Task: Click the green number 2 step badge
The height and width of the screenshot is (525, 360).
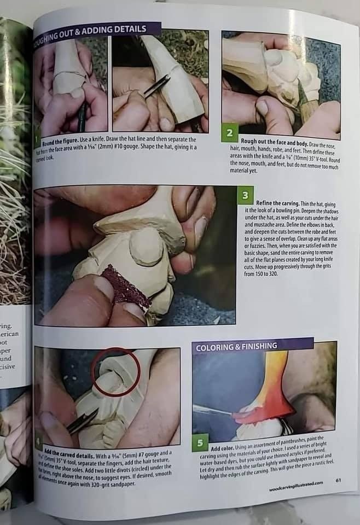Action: coord(230,133)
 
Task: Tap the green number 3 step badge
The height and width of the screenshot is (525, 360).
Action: coord(246,195)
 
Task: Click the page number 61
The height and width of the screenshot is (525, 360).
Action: coord(339,480)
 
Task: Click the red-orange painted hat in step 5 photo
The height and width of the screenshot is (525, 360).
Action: coord(268,388)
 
